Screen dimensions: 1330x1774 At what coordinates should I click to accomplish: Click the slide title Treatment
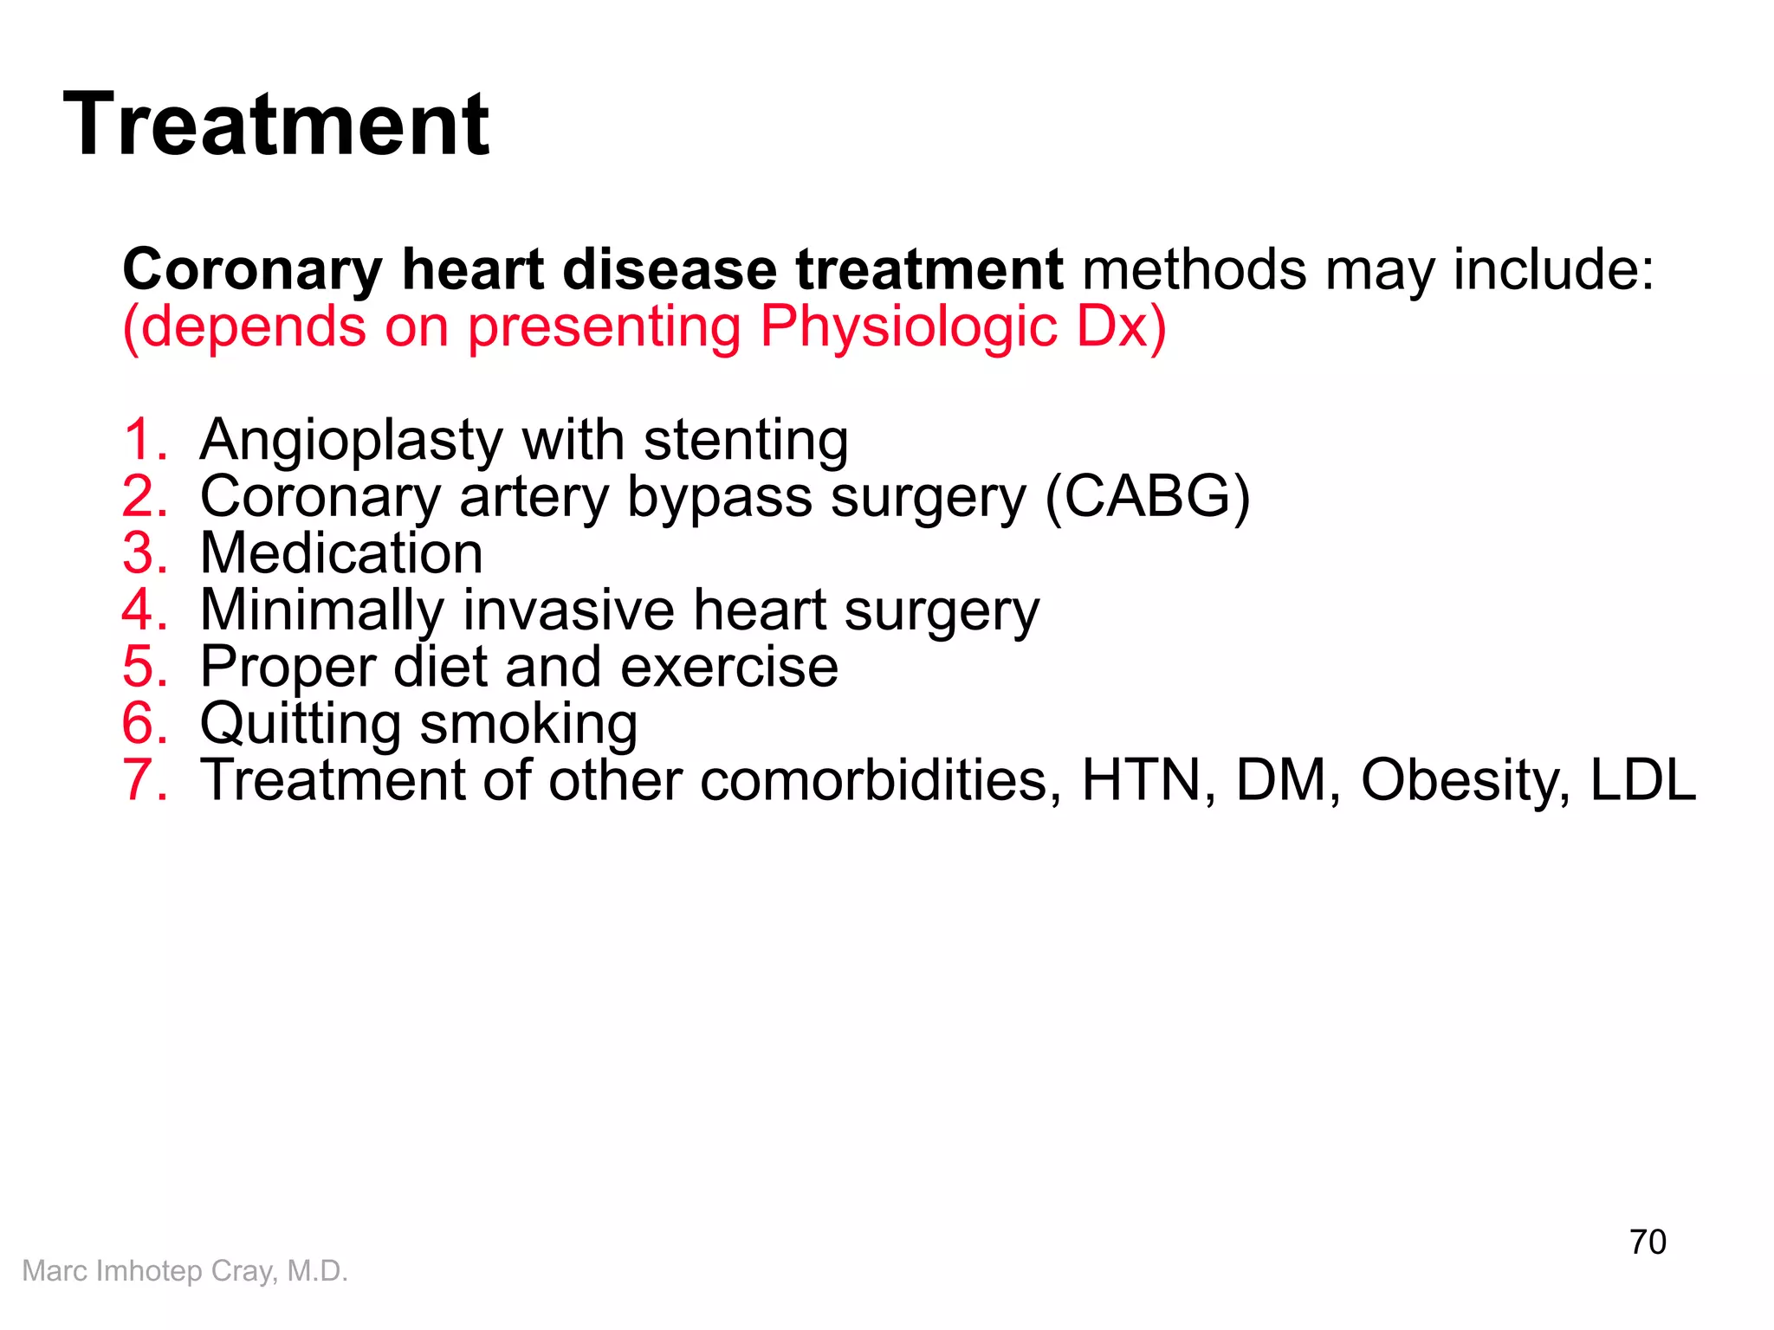275,125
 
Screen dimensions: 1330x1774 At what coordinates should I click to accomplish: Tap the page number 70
1647,1242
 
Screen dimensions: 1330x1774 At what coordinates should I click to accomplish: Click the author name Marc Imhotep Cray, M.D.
185,1270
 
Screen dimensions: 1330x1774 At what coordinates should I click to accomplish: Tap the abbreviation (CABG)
1147,497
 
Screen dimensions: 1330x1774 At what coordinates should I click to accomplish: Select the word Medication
341,553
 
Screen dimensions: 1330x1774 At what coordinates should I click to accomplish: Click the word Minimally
321,611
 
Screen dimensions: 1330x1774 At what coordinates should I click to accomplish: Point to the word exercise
728,668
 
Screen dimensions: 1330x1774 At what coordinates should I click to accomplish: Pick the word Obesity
1464,781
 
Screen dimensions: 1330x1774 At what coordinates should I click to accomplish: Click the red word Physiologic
909,328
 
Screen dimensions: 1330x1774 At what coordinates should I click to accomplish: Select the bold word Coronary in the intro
252,270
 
